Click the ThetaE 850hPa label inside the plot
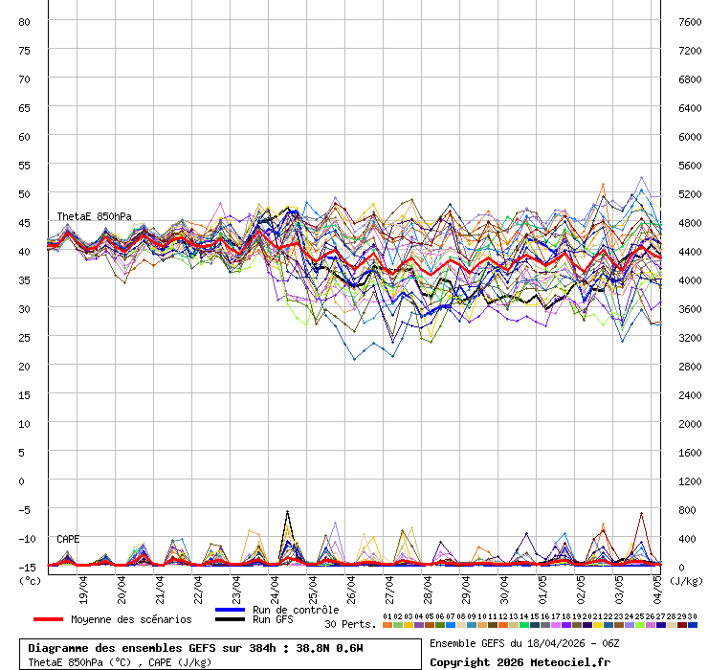click(x=94, y=216)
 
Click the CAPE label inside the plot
click(x=68, y=539)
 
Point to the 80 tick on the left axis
click(x=25, y=21)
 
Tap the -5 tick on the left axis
click(x=25, y=509)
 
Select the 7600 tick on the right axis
click(x=691, y=21)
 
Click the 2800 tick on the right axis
click(x=691, y=366)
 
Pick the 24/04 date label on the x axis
click(x=276, y=586)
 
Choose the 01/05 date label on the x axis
click(x=543, y=586)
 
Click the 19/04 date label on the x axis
click(x=84, y=586)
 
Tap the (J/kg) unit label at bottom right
click(x=685, y=579)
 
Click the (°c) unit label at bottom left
click(x=30, y=579)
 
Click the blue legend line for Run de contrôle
click(x=231, y=610)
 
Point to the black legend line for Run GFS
click(x=231, y=620)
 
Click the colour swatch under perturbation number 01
click(x=387, y=625)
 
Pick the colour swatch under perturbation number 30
click(x=693, y=625)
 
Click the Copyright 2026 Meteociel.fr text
click(x=520, y=662)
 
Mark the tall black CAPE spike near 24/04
click(x=287, y=514)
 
